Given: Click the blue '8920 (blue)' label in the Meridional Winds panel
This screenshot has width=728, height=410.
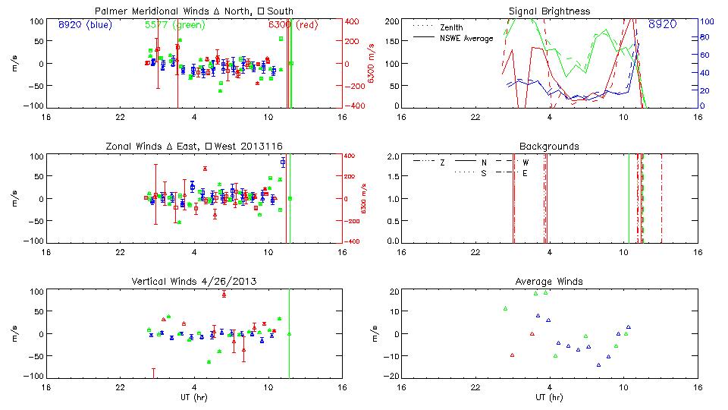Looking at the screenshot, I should click(83, 25).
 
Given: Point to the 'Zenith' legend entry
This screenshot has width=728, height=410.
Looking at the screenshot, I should click(450, 27).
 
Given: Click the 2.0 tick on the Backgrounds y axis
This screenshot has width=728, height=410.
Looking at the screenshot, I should click(393, 156).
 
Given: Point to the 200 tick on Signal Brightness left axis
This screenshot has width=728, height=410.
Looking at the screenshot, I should click(392, 21).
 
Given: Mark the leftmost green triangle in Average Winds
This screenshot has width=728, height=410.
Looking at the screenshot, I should click(505, 308).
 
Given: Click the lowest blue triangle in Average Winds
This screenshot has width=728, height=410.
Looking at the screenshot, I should click(598, 364).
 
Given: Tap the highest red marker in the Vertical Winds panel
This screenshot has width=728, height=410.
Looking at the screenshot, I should click(224, 294).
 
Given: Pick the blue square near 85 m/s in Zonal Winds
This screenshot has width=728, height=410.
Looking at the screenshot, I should click(283, 162).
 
